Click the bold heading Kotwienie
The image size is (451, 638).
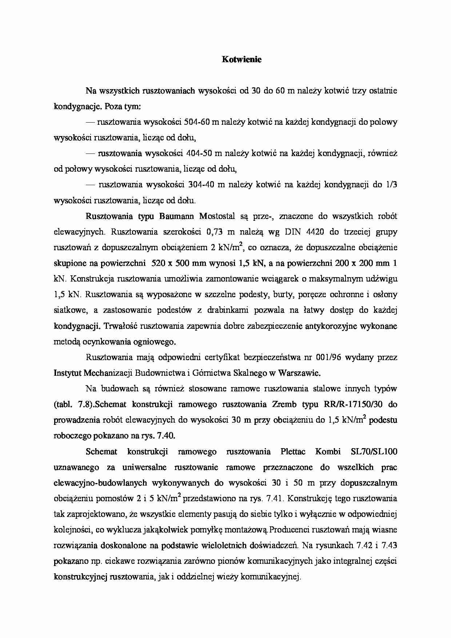242,60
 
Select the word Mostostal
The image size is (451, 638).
217,216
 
